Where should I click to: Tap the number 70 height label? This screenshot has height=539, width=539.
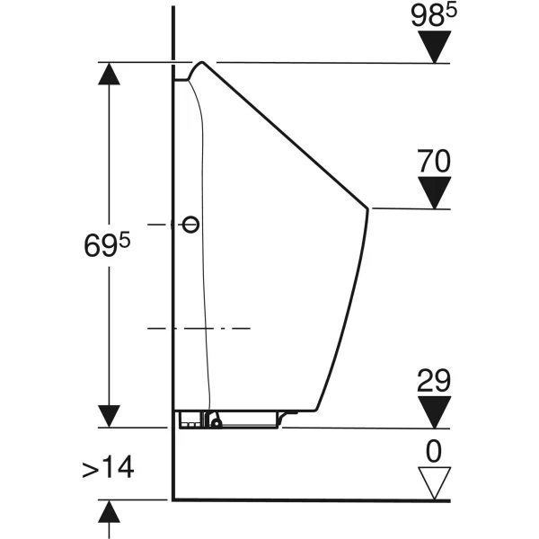pos(434,162)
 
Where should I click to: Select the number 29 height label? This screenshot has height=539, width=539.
pos(435,381)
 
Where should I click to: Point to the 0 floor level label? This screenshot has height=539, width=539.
pos(436,451)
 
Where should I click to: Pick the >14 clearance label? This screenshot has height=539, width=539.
pos(109,468)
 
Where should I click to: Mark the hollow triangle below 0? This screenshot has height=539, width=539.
pos(436,484)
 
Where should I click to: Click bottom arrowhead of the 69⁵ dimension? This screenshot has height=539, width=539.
pos(110,415)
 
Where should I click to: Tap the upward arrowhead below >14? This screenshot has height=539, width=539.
pos(110,511)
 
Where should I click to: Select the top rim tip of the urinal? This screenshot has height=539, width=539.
pos(200,63)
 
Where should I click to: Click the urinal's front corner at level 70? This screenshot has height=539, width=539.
pos(368,208)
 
